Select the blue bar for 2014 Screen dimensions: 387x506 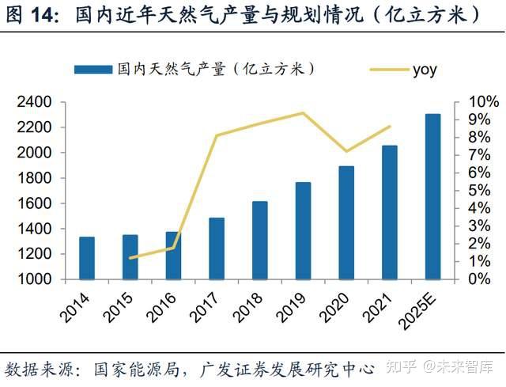pos(87,258)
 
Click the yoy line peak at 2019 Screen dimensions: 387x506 pos(303,112)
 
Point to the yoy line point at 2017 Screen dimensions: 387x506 pos(217,135)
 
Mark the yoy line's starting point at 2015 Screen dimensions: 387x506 pos(130,258)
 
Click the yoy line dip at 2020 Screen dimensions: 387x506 pos(346,151)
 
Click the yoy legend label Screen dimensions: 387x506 pos(424,70)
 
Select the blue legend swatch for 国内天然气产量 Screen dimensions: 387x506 pos(93,70)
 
